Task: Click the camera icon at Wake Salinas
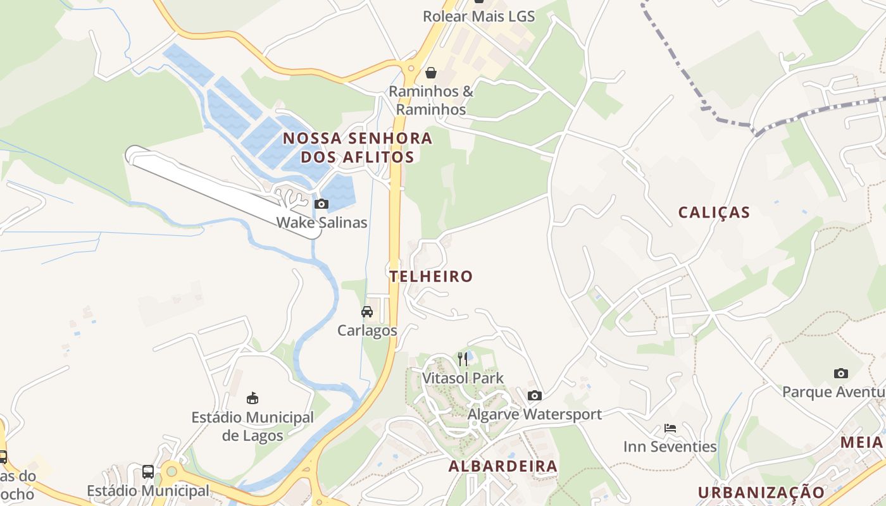(321, 204)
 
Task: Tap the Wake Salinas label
(321, 223)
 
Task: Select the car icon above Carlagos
(367, 311)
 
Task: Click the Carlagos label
(367, 330)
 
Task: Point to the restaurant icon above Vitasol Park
(463, 359)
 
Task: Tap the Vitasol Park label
(463, 378)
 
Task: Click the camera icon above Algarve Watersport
(535, 395)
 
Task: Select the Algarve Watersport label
(535, 414)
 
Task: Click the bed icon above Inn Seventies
(670, 428)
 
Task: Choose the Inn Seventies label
(670, 447)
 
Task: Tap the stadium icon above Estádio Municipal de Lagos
(253, 398)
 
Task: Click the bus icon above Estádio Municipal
(148, 471)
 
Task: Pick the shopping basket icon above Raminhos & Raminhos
(431, 73)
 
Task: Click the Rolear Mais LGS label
(479, 16)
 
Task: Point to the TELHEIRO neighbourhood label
(431, 276)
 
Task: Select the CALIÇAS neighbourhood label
(714, 213)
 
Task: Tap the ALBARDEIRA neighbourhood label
(503, 467)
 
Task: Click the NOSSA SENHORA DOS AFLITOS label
(358, 147)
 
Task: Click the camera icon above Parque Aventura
(840, 373)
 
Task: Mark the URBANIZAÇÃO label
(761, 492)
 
